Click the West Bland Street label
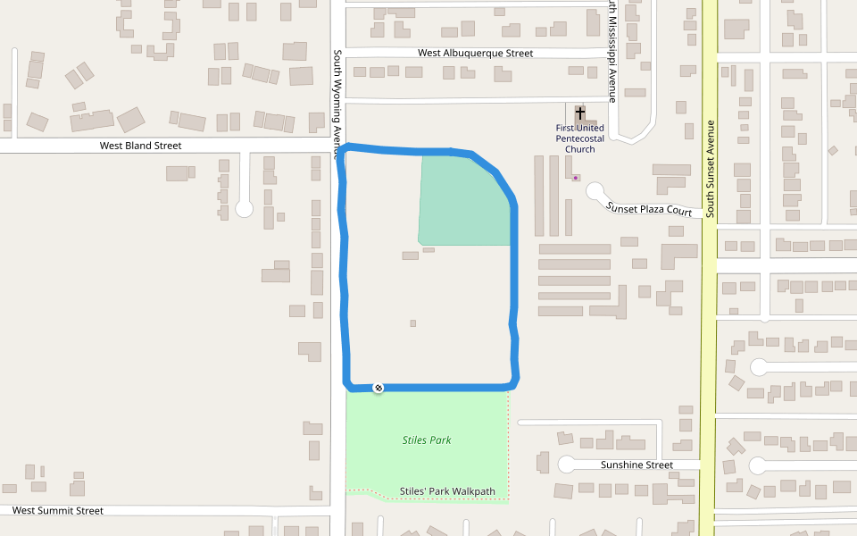[140, 146]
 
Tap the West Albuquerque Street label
[475, 54]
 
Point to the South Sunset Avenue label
[710, 170]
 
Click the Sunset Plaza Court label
[649, 210]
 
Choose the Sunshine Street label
[637, 465]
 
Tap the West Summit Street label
[58, 511]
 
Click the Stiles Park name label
[427, 440]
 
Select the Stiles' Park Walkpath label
[447, 491]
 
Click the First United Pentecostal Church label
[580, 138]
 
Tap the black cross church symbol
[580, 113]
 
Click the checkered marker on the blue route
[379, 388]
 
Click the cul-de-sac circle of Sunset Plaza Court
[595, 191]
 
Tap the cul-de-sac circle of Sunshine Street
[567, 464]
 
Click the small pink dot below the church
[576, 178]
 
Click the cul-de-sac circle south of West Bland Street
[244, 209]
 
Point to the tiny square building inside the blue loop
[412, 323]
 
